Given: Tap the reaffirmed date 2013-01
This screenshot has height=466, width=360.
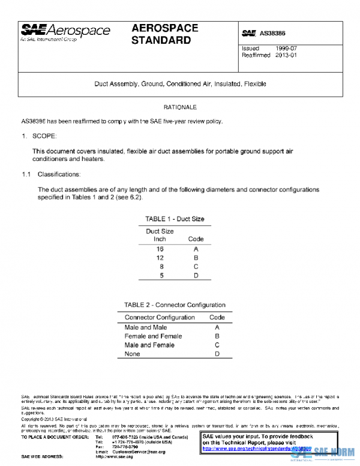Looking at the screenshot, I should point(286,55).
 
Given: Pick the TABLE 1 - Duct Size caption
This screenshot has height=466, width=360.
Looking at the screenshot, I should point(175,219).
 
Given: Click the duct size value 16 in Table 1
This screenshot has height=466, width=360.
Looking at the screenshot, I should point(160,247).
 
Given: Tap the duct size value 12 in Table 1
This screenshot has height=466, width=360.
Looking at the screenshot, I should point(160,256).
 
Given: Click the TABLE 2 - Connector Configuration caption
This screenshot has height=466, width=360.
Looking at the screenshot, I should point(175,305).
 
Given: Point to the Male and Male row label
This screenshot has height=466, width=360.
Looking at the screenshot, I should point(146,327).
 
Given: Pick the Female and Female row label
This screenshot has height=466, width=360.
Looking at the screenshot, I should point(153,336).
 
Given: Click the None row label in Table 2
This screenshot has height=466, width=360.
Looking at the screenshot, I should point(132,354).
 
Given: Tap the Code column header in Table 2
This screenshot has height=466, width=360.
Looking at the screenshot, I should point(217,317).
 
